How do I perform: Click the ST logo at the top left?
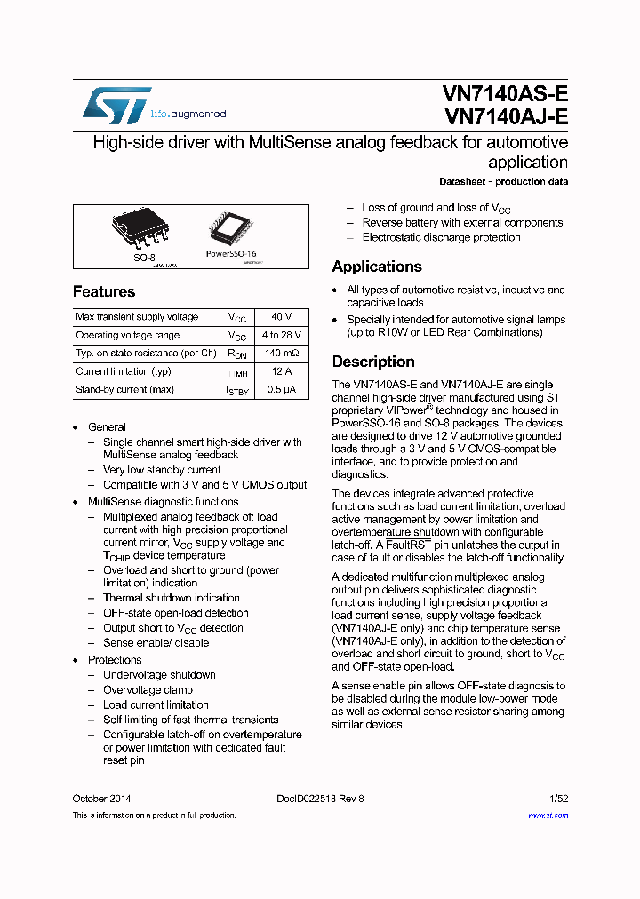click(x=116, y=105)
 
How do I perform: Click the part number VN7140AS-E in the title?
click(x=505, y=94)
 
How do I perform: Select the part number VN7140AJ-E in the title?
click(x=505, y=116)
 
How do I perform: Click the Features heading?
click(x=104, y=291)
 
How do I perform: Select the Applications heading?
click(x=377, y=267)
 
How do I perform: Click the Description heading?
click(x=373, y=362)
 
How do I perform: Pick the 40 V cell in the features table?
click(x=282, y=317)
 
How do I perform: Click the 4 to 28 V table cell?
click(x=282, y=336)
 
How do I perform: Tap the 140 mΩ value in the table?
click(x=282, y=354)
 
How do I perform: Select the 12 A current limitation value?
click(x=282, y=371)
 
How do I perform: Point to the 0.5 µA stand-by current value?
click(x=282, y=390)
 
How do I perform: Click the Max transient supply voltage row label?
click(x=137, y=317)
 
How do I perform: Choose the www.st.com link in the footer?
click(x=548, y=815)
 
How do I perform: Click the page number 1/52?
click(x=558, y=799)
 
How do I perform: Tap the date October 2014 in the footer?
click(x=102, y=799)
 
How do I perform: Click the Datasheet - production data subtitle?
click(x=504, y=182)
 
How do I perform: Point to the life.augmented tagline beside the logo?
click(x=188, y=114)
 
